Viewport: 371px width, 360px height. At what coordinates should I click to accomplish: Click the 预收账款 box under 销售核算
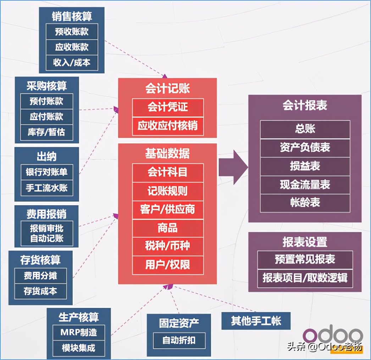pyautogui.click(x=72, y=32)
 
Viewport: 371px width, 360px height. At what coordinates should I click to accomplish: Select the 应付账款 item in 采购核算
pyautogui.click(x=46, y=117)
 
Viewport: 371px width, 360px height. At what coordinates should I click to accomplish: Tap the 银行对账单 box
pyautogui.click(x=46, y=172)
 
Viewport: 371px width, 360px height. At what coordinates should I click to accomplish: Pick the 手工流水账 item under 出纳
pyautogui.click(x=46, y=187)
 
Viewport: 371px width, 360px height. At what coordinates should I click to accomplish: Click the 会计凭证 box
pyautogui.click(x=168, y=107)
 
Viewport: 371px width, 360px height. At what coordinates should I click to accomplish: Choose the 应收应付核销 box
pyautogui.click(x=168, y=126)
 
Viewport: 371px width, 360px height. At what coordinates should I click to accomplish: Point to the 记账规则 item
pyautogui.click(x=168, y=191)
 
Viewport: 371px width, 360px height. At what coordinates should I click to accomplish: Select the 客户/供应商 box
pyautogui.click(x=168, y=209)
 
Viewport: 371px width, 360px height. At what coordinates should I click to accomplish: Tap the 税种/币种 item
pyautogui.click(x=168, y=246)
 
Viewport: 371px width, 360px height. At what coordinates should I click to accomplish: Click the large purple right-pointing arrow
pyautogui.click(x=233, y=167)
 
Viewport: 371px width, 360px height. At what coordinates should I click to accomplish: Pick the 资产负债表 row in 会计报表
pyautogui.click(x=305, y=148)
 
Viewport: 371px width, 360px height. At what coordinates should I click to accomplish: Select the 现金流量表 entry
pyautogui.click(x=305, y=185)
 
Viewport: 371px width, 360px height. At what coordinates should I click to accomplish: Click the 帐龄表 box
pyautogui.click(x=305, y=203)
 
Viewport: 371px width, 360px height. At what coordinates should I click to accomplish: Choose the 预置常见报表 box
pyautogui.click(x=305, y=259)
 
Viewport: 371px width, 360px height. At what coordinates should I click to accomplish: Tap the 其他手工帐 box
pyautogui.click(x=256, y=321)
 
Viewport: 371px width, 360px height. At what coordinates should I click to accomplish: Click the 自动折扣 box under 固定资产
pyautogui.click(x=179, y=341)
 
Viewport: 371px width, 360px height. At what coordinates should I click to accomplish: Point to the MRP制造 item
pyautogui.click(x=79, y=333)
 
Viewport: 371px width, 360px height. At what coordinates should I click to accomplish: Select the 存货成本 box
pyautogui.click(x=40, y=292)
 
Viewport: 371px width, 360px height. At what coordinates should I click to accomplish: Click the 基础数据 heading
pyautogui.click(x=167, y=153)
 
